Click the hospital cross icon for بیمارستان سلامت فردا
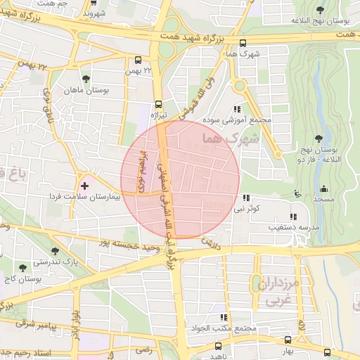[x=85, y=186]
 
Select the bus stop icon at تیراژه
[x=157, y=102]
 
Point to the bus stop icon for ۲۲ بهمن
[x=137, y=60]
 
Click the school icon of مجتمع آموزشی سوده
[x=237, y=109]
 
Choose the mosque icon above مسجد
[x=323, y=188]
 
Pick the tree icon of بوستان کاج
[x=24, y=267]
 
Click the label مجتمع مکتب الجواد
[x=226, y=328]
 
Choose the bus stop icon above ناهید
[x=219, y=347]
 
